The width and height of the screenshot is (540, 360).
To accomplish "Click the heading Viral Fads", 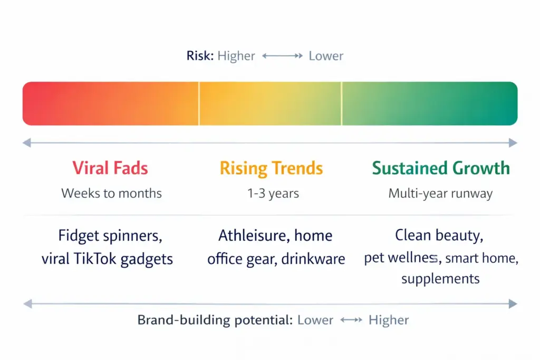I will pyautogui.click(x=110, y=168).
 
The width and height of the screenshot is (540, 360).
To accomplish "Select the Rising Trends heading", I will pyautogui.click(x=271, y=168).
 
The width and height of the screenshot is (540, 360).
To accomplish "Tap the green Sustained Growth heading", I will pyautogui.click(x=440, y=168).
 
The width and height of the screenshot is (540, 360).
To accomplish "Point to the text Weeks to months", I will pyautogui.click(x=111, y=193).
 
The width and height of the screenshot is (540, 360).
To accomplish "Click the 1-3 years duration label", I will pyautogui.click(x=273, y=193).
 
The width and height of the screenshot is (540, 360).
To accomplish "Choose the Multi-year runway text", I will pyautogui.click(x=440, y=193).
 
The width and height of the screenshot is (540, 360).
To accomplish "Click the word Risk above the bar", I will pyautogui.click(x=199, y=56).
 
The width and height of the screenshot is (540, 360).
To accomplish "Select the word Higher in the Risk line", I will pyautogui.click(x=236, y=56).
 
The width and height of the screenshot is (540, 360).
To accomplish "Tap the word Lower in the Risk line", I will pyautogui.click(x=326, y=56).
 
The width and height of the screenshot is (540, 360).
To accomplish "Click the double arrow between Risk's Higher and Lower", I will pyautogui.click(x=282, y=56).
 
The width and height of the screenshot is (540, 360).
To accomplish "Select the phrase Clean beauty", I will pyautogui.click(x=439, y=235).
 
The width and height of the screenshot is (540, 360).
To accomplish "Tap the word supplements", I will pyautogui.click(x=440, y=278).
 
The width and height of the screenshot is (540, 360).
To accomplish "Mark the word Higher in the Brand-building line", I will pyautogui.click(x=389, y=320).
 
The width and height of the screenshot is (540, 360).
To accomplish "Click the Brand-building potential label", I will pyautogui.click(x=214, y=320).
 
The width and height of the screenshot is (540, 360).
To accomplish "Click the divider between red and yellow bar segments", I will pyautogui.click(x=199, y=103).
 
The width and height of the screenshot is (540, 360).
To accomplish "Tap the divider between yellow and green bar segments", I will pyautogui.click(x=341, y=103).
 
